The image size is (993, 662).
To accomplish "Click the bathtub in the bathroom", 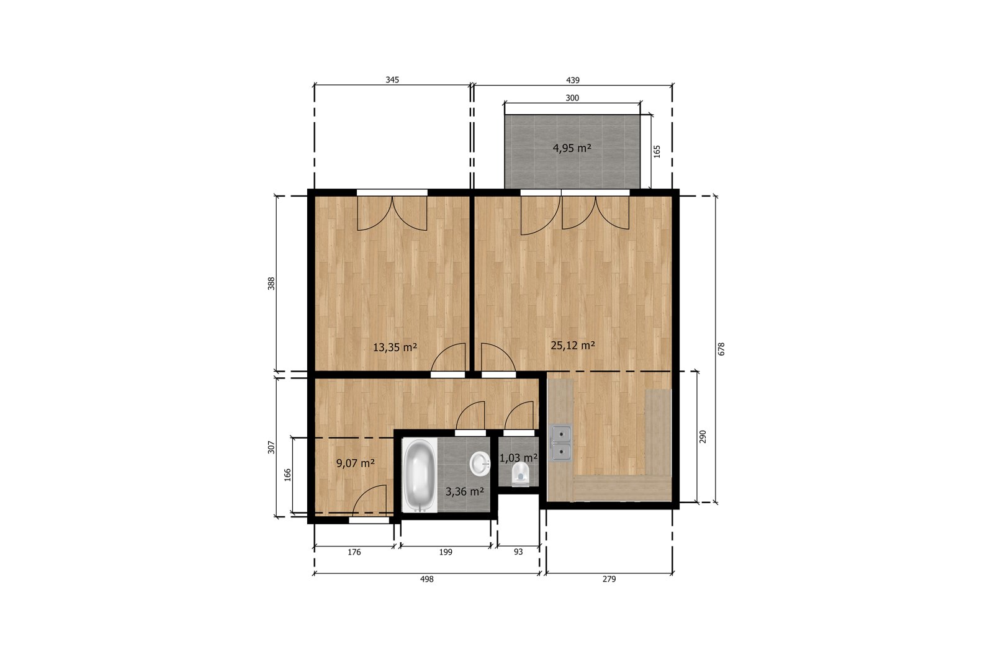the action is (x=420, y=475).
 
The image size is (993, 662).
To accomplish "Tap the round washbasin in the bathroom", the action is (x=480, y=464).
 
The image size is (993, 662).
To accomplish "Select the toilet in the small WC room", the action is (x=521, y=475).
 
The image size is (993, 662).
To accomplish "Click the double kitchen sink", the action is (x=560, y=442).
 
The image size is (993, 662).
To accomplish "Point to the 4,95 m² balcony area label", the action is (x=572, y=148).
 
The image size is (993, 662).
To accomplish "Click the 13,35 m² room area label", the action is (x=395, y=347).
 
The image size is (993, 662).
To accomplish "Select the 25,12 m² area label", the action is (x=573, y=345).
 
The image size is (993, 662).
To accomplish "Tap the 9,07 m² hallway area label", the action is (x=356, y=463).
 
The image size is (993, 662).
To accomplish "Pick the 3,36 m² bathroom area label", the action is (x=465, y=491).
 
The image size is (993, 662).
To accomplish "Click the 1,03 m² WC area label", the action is (x=519, y=458).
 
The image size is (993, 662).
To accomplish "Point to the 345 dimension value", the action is (x=392, y=80).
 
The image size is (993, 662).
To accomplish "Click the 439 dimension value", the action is (x=573, y=80).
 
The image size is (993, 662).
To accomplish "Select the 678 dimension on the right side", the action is (x=721, y=349).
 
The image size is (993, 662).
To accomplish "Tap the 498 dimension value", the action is (x=426, y=579).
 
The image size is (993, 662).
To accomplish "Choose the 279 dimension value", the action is (x=609, y=579).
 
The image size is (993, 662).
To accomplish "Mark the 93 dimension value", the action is (x=518, y=552).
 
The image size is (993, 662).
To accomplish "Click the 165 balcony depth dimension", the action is (x=657, y=151).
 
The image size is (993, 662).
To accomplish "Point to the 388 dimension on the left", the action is (x=271, y=284).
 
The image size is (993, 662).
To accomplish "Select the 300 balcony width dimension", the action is (x=572, y=98).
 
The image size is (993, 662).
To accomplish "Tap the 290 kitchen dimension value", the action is (x=702, y=436).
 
